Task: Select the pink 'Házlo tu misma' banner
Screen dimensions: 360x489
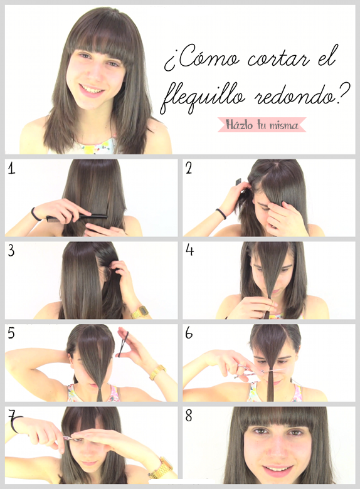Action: point(262,124)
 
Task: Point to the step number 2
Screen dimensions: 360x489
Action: point(189,168)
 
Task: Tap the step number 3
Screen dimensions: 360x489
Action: point(11,250)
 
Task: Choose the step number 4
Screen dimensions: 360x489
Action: point(189,250)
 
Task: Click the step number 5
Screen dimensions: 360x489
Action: point(11,333)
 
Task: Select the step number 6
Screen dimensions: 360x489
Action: point(189,333)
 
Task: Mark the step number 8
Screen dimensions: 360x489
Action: point(189,415)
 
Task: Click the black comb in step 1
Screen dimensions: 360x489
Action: point(77,217)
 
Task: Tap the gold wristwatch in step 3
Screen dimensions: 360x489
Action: point(139,312)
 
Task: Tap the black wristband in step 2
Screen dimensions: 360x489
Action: point(221,214)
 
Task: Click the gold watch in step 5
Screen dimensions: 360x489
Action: point(157,372)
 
